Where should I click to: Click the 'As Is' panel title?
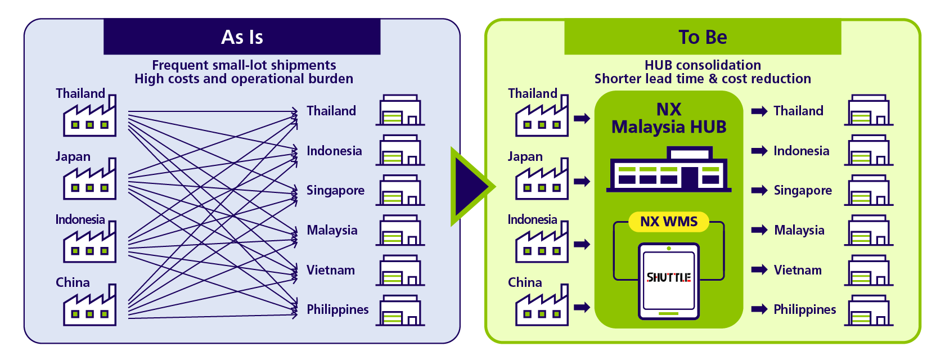tap(242, 37)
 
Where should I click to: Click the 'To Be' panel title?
tap(703, 37)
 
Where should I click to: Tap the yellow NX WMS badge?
tap(669, 222)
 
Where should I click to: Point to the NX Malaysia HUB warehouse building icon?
tap(669, 169)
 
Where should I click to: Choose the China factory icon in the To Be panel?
tap(542, 305)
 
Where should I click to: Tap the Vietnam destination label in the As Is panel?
tap(330, 270)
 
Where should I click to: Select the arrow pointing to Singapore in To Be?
tap(759, 190)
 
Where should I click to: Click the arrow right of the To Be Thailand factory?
tap(582, 119)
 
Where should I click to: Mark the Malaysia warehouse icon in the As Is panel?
tap(400, 230)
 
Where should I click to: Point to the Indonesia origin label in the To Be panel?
tap(532, 219)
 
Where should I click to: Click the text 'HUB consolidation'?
tap(703, 65)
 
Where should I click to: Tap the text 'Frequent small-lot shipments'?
tap(244, 65)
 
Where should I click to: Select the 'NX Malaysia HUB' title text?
tap(669, 118)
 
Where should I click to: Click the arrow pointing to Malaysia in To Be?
tap(759, 230)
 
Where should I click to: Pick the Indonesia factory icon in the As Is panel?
tap(89, 242)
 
